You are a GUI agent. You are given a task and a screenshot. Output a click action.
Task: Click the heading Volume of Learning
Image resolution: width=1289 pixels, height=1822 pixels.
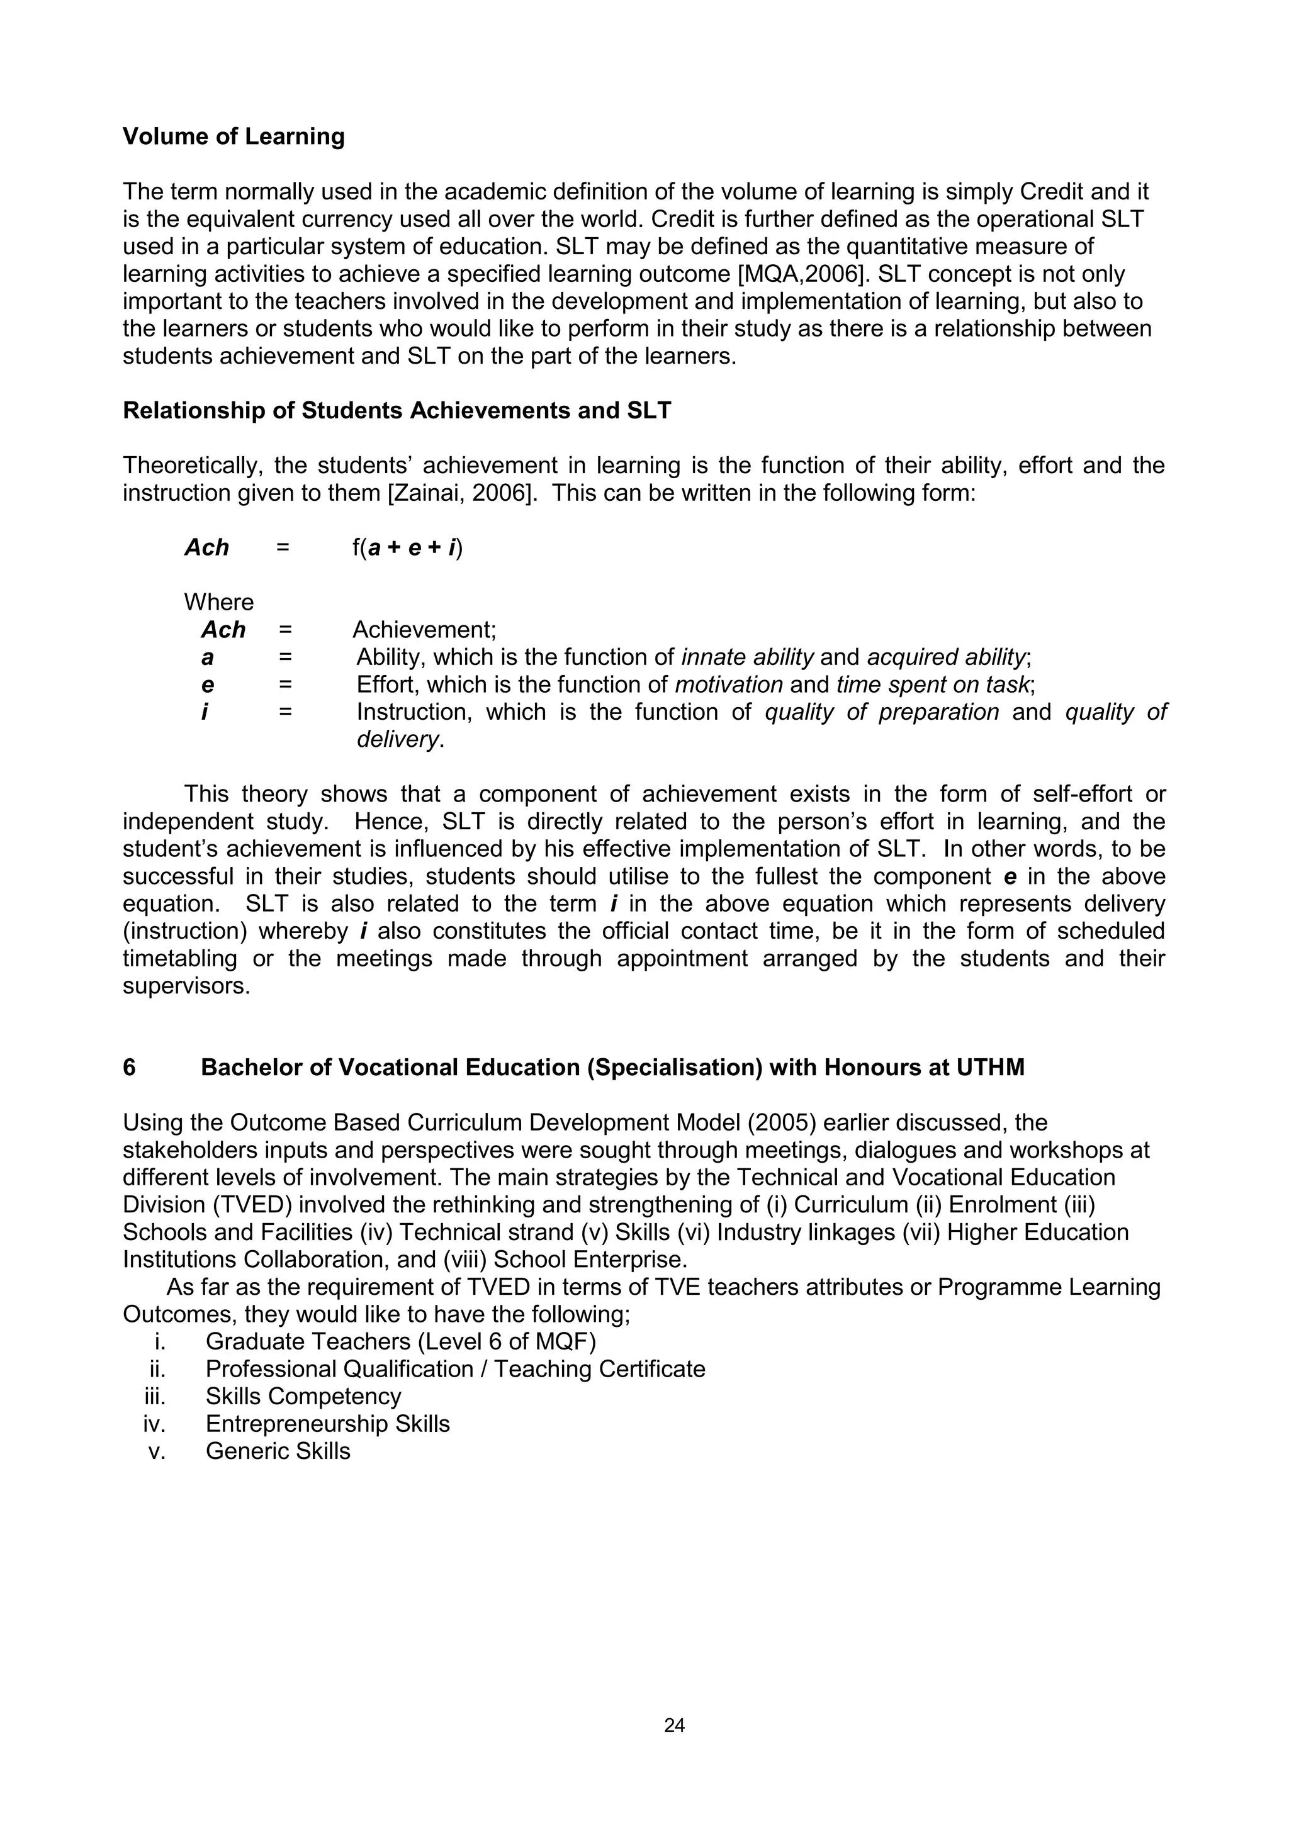pyautogui.click(x=234, y=137)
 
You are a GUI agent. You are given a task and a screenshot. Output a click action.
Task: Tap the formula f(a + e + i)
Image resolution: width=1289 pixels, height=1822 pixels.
pyautogui.click(x=407, y=547)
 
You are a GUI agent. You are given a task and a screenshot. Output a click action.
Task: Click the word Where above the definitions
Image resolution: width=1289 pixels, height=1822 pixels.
pyautogui.click(x=218, y=602)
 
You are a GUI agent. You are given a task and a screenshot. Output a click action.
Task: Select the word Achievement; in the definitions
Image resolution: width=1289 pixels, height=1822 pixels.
pyautogui.click(x=424, y=630)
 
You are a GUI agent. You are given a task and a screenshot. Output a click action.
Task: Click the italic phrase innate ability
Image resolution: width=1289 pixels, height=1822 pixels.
pyautogui.click(x=748, y=658)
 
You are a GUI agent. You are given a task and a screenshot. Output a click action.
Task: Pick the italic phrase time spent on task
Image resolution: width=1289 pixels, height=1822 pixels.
pyautogui.click(x=933, y=685)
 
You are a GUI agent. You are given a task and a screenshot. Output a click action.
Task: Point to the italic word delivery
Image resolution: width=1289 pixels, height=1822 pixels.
pyautogui.click(x=399, y=740)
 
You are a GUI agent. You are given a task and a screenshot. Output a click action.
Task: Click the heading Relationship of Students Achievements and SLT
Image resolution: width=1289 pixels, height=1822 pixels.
pyautogui.click(x=397, y=411)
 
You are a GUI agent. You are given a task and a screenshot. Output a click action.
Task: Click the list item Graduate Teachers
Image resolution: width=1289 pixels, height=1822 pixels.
pyautogui.click(x=400, y=1342)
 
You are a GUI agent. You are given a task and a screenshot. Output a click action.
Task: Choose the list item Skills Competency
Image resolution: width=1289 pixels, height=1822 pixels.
pyautogui.click(x=303, y=1397)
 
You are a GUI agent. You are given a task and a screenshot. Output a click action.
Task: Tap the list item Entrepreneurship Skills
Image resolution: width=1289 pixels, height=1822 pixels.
pyautogui.click(x=327, y=1424)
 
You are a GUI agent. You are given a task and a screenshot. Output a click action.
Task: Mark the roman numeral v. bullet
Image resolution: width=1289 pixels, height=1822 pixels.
pyautogui.click(x=156, y=1451)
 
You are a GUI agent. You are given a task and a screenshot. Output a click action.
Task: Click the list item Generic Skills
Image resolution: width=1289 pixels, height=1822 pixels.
pyautogui.click(x=278, y=1451)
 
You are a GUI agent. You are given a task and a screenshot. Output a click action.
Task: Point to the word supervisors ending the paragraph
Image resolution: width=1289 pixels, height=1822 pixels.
pyautogui.click(x=185, y=986)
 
